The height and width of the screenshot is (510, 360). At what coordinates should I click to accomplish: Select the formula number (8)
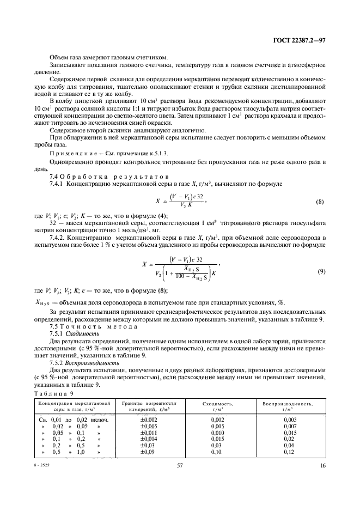320,203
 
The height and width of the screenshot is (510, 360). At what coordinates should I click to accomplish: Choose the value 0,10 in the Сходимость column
217,452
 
